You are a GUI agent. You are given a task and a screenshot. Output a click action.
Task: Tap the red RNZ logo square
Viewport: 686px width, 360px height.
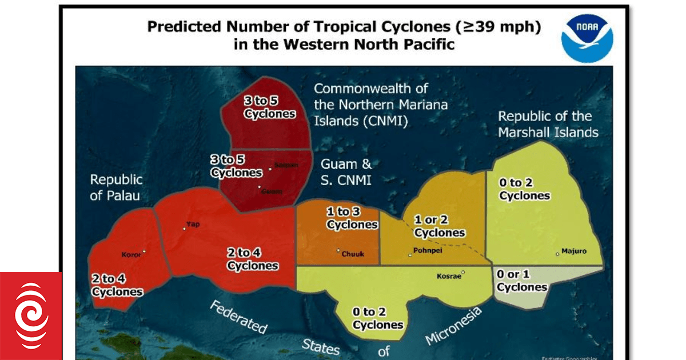30,316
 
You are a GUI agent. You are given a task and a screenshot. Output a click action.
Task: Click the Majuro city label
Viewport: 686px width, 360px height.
573,251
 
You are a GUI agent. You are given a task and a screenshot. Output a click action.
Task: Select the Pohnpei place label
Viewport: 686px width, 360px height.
426,251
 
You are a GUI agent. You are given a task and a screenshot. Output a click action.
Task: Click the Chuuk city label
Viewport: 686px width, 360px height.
353,254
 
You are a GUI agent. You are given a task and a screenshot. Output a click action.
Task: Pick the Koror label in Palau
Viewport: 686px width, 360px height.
131,255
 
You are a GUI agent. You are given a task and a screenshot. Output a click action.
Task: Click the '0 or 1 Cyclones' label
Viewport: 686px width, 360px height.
522,281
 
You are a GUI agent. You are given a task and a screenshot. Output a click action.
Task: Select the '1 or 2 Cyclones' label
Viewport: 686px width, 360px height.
440,226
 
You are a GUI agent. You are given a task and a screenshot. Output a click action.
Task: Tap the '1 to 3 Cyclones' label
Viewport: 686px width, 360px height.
352,218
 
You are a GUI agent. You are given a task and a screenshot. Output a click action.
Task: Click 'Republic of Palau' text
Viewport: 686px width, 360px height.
116,187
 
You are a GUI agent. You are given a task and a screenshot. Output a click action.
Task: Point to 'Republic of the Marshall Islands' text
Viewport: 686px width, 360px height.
548,124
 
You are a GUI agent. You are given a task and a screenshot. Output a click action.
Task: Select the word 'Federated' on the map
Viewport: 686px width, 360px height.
238,317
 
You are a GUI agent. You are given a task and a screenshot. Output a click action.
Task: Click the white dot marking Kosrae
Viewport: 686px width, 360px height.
464,273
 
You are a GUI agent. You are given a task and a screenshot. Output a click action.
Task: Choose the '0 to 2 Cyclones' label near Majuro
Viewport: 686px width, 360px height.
524,189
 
